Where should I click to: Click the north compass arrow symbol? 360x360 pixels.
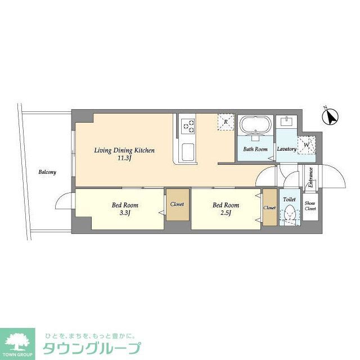point(331,118)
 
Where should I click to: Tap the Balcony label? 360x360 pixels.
point(47,172)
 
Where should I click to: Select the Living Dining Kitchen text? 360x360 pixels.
point(124,150)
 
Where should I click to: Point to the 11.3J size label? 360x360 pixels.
point(124,159)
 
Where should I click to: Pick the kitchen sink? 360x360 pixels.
point(188,151)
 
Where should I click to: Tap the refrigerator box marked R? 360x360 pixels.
point(226,122)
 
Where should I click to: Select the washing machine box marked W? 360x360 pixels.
point(307,145)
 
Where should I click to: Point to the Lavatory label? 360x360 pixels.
point(286,149)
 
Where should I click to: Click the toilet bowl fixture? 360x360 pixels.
point(290,214)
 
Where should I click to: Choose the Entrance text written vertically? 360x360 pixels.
point(310,179)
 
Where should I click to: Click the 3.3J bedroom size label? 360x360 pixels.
point(124,213)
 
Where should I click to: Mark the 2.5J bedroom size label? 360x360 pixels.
point(226,213)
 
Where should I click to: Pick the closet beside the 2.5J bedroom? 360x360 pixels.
point(269,208)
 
